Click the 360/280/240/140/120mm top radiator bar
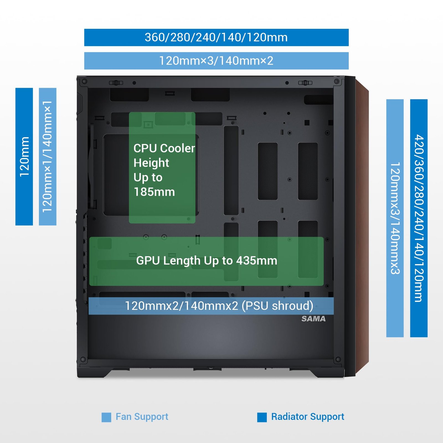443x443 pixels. click(x=216, y=37)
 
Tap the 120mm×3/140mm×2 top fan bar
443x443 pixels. click(x=216, y=61)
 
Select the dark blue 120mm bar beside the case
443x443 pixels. click(x=24, y=156)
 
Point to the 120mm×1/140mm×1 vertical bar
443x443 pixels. click(x=48, y=156)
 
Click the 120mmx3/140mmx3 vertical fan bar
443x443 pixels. click(x=395, y=218)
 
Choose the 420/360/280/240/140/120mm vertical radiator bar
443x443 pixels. click(x=419, y=218)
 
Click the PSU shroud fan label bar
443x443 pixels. click(x=211, y=306)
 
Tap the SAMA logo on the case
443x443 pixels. click(x=313, y=319)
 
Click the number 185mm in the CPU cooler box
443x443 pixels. click(x=154, y=192)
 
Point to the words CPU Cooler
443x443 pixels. click(x=164, y=148)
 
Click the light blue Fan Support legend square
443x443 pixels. click(x=106, y=417)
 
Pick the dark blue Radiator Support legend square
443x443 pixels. click(x=262, y=417)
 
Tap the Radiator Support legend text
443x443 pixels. click(x=308, y=417)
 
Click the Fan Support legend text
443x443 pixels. click(x=142, y=417)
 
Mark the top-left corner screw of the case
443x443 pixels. click(x=85, y=81)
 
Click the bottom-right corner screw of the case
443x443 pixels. click(x=338, y=360)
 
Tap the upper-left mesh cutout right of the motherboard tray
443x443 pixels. click(x=268, y=171)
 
